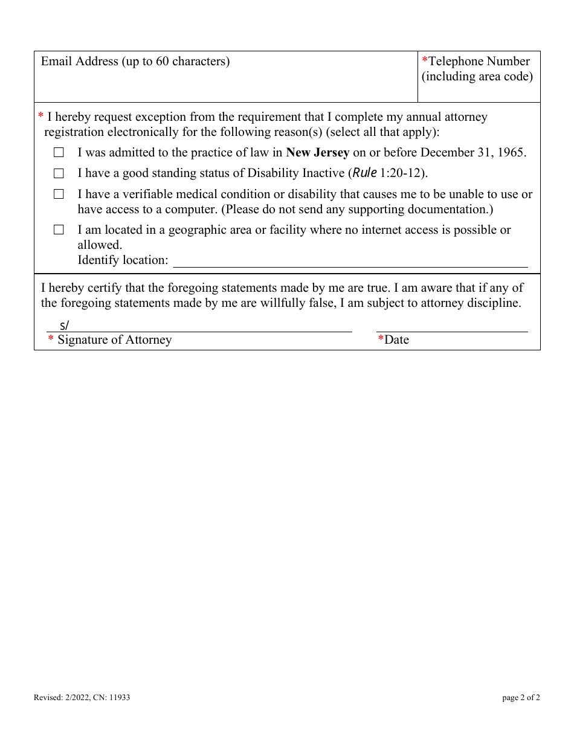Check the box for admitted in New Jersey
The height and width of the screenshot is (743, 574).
tap(59, 153)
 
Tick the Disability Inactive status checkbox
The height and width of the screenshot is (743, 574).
tap(59, 173)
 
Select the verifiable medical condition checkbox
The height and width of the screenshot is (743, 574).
tap(59, 195)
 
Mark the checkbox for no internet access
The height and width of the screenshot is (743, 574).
tap(59, 230)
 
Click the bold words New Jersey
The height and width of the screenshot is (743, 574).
tap(317, 152)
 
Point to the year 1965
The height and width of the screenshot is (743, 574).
tap(512, 152)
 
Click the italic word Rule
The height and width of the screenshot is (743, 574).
tap(364, 173)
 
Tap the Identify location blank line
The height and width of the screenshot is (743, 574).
tap(350, 261)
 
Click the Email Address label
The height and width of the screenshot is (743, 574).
tap(135, 61)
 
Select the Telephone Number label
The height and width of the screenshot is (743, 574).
tap(479, 61)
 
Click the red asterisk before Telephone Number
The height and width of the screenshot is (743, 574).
tap(425, 61)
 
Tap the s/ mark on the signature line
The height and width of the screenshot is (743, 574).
tap(64, 326)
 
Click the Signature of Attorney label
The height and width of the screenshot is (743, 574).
tap(114, 339)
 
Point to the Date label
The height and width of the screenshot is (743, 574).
tap(396, 339)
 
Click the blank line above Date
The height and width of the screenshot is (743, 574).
tap(452, 326)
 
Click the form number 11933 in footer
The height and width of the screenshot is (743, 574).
tap(120, 698)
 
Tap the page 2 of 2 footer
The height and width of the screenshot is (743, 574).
tap(521, 698)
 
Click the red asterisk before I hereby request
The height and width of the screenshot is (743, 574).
tap(41, 116)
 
